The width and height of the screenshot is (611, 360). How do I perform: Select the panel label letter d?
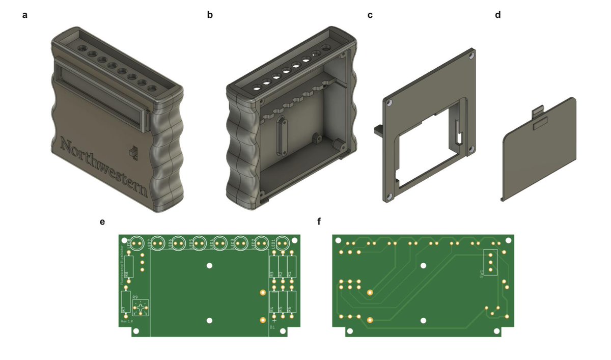point(497,15)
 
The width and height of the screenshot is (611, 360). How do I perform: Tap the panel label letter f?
point(319,222)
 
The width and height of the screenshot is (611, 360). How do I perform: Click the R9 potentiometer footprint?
point(141,308)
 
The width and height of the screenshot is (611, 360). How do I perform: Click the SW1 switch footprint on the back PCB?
point(490,263)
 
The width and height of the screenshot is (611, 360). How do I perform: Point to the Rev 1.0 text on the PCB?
point(126,322)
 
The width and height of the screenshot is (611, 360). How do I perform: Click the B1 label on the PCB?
point(272,327)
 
